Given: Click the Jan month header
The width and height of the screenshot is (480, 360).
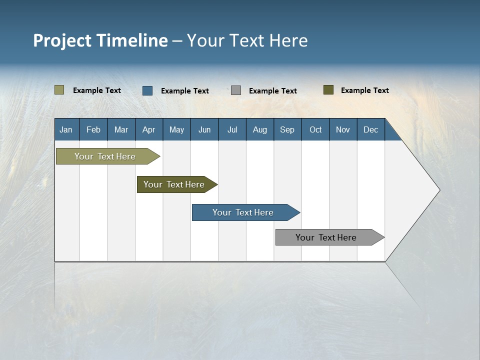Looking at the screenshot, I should point(66,129).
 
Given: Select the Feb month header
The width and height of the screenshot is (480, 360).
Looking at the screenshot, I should point(93,129).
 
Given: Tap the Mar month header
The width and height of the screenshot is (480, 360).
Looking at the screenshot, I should point(121,129).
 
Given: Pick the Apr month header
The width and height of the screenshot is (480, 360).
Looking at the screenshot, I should point(149,129).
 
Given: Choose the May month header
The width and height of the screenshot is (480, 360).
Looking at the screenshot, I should point(176,129).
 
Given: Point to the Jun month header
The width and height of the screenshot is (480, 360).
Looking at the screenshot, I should point(204,129).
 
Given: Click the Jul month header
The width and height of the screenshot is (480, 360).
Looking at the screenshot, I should point(232,129).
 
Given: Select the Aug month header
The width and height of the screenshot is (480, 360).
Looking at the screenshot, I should point(260,129).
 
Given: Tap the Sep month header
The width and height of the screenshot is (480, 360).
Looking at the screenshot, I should point(287,129).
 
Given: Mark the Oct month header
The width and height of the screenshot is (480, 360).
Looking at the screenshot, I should point(315,129).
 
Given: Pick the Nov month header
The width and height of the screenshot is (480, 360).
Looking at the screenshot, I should point(343,129).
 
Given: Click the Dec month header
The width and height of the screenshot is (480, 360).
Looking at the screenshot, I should point(371,129).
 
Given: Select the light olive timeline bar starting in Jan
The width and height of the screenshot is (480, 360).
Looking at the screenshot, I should point(105,156).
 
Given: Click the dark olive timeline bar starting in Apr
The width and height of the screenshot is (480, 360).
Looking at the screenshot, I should point(174,184).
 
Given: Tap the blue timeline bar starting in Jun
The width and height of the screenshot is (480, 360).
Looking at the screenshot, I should point(243,212).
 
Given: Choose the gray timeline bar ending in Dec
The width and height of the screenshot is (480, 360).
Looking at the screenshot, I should point(326,237).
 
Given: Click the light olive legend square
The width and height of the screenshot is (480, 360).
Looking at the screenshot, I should point(59,90).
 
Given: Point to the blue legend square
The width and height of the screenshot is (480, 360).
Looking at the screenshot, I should point(147,90).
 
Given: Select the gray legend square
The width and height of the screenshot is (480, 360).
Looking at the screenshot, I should point(236,90).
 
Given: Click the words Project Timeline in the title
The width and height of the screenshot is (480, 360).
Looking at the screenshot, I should point(100,40).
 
